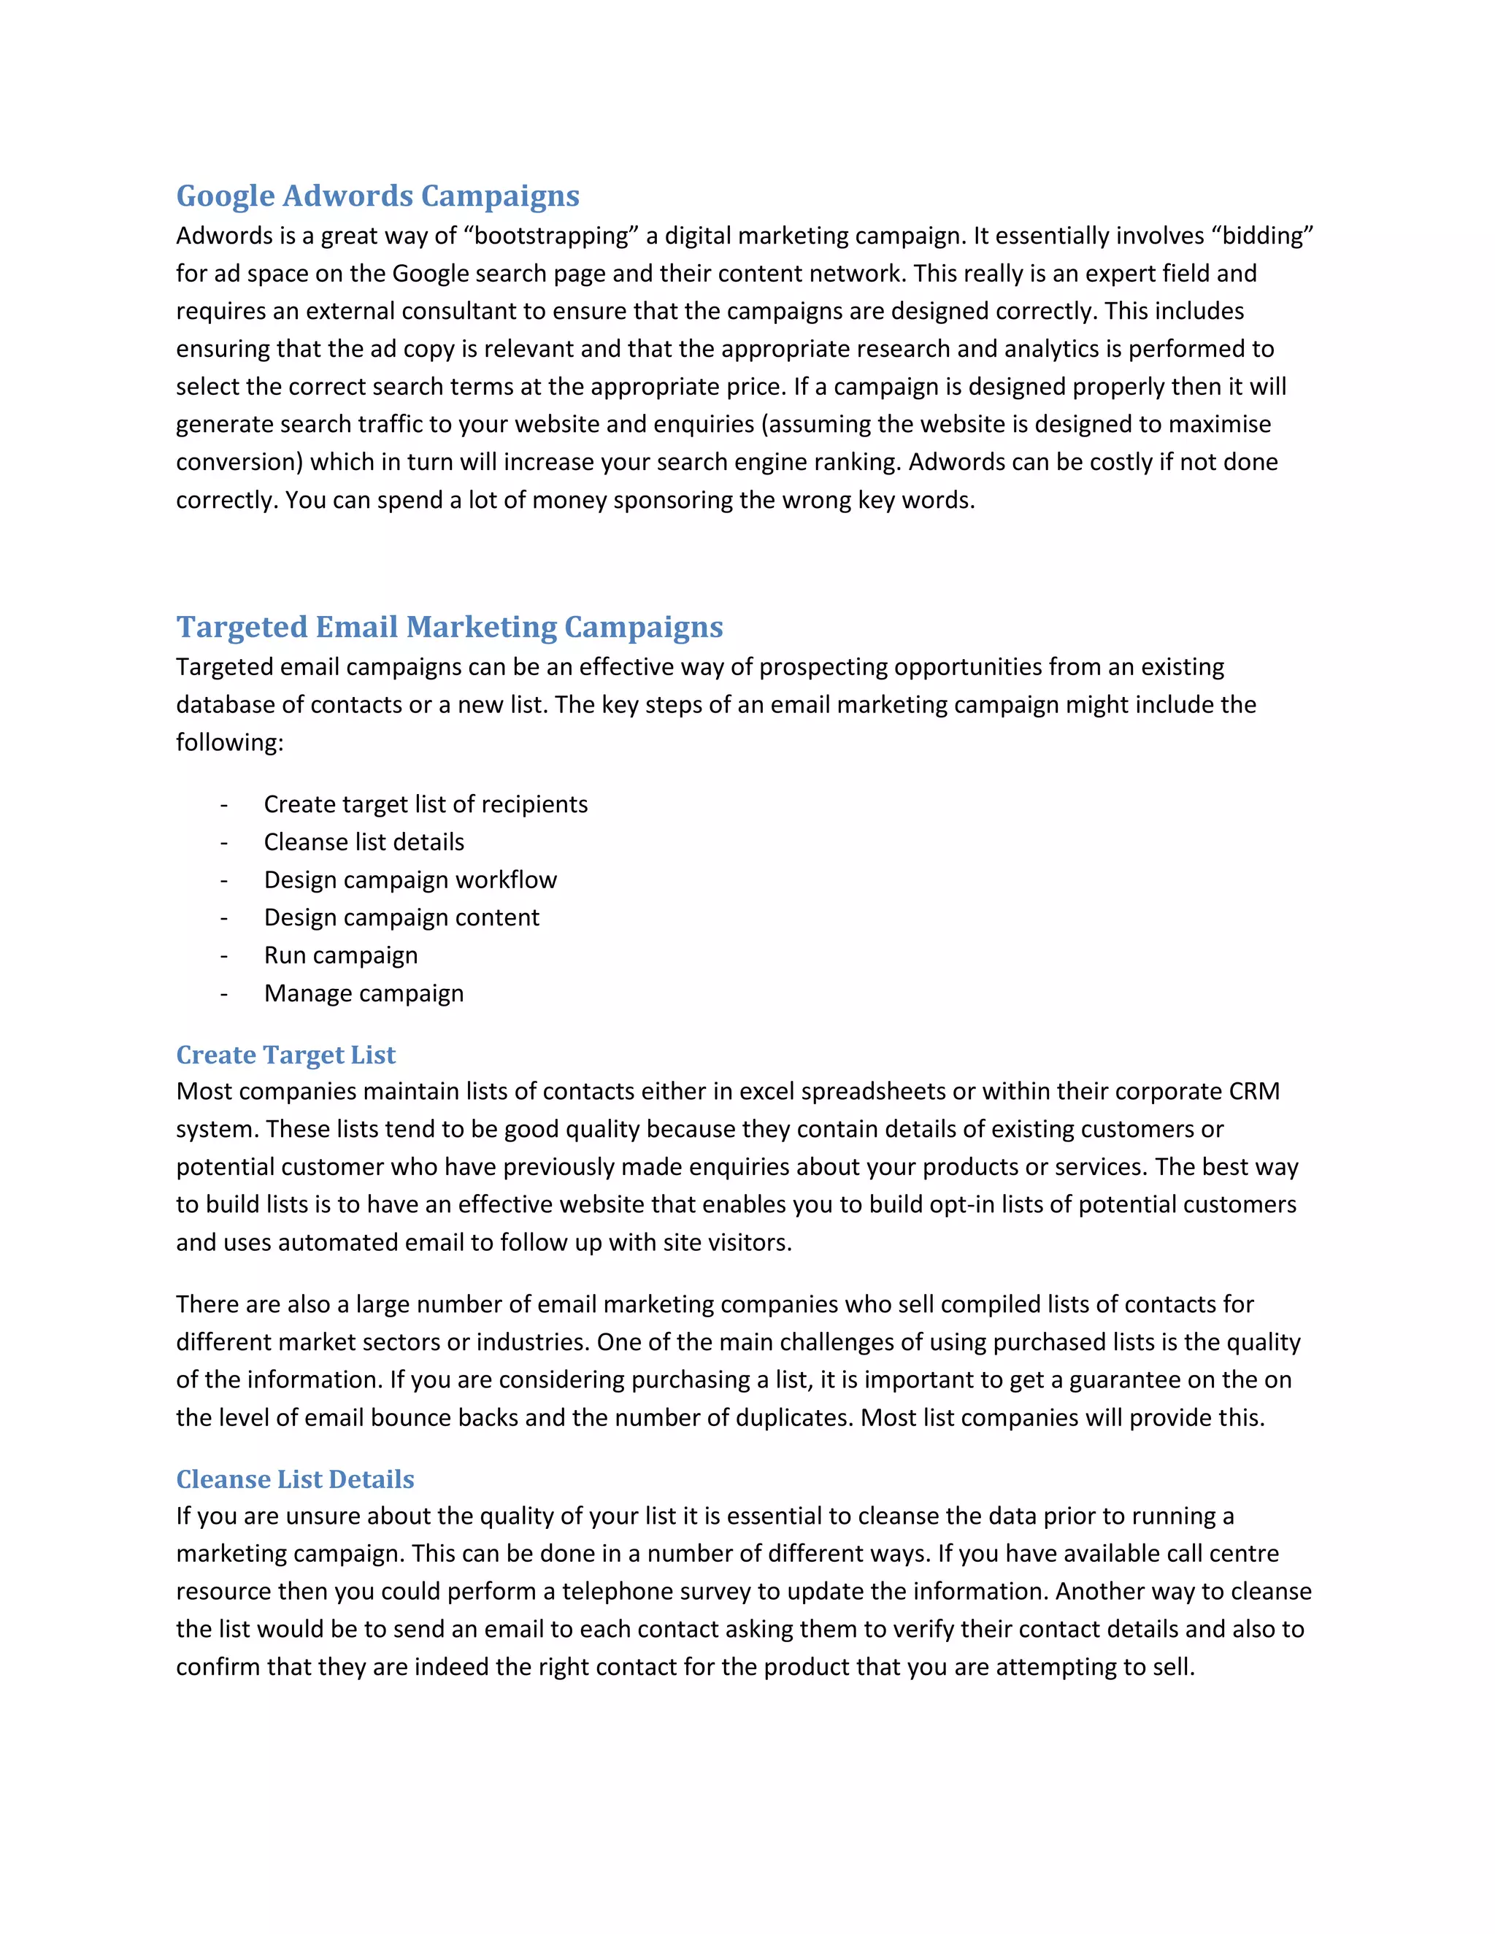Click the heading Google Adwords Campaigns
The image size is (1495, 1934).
pos(377,196)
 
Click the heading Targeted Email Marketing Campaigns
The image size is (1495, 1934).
pos(449,627)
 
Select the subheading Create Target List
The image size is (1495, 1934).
pos(285,1055)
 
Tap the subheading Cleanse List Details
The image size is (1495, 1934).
pos(295,1479)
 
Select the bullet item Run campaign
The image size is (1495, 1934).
pos(340,955)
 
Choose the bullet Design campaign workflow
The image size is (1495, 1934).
pos(410,880)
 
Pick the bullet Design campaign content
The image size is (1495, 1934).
pos(401,917)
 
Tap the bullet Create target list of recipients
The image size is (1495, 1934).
pos(425,804)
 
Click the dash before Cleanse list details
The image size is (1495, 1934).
pos(224,843)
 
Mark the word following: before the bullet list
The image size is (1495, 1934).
pos(229,742)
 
